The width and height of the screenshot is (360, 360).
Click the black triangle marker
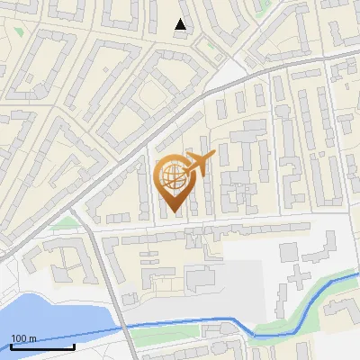(x=182, y=25)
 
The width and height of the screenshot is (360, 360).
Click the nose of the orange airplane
(x=214, y=155)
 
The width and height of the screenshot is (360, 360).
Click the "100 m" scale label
(x=23, y=338)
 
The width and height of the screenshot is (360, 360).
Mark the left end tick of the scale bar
(x=12, y=346)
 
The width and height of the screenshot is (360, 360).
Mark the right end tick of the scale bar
(x=73, y=346)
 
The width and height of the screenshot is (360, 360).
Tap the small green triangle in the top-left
(x=19, y=31)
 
